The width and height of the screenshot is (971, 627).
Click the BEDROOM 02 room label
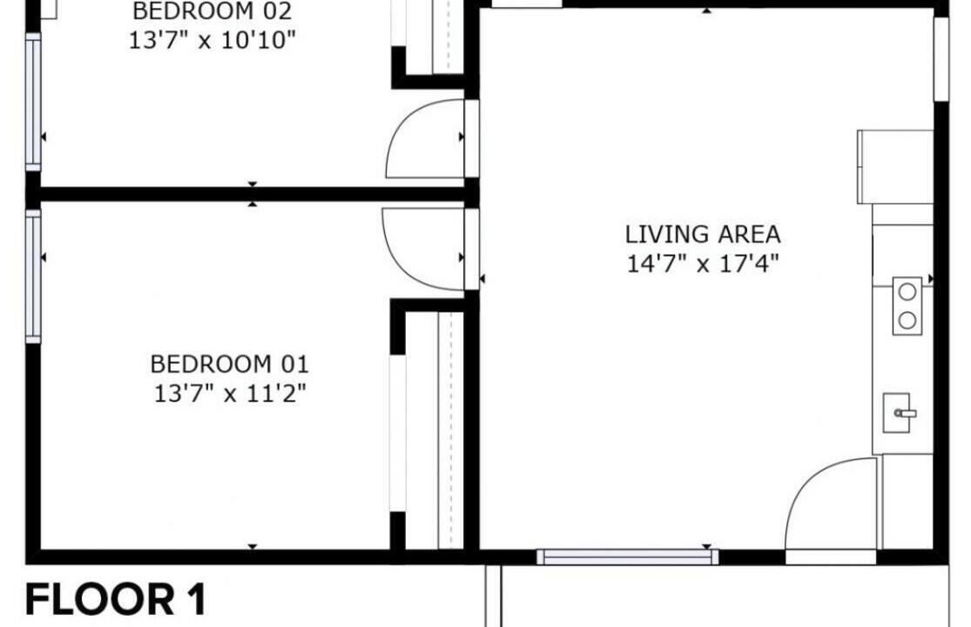pos(212,11)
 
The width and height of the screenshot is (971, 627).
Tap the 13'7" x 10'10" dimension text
pos(212,41)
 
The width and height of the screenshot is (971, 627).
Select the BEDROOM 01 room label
pos(229,364)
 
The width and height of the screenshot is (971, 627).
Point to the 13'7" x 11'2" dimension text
pos(230,394)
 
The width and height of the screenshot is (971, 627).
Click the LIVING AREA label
pos(703,234)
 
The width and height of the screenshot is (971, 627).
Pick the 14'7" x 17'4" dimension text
pos(703,264)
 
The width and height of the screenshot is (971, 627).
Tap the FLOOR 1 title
pos(115,599)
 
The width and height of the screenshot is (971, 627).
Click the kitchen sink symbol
pos(897,412)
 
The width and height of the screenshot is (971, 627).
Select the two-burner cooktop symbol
pos(907,306)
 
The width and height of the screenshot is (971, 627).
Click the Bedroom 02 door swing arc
pos(401,123)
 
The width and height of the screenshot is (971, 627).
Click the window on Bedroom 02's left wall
pos(33,102)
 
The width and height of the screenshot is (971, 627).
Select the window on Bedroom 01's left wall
pos(33,276)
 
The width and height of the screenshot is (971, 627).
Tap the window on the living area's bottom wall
pos(628,557)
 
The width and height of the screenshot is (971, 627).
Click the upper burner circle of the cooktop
pos(907,292)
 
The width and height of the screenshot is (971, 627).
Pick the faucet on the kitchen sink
pos(907,413)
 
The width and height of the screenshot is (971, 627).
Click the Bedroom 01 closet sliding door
pos(398,434)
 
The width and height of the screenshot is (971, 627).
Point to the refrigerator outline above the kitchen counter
pos(895,166)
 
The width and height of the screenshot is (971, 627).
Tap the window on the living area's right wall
pos(941,59)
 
